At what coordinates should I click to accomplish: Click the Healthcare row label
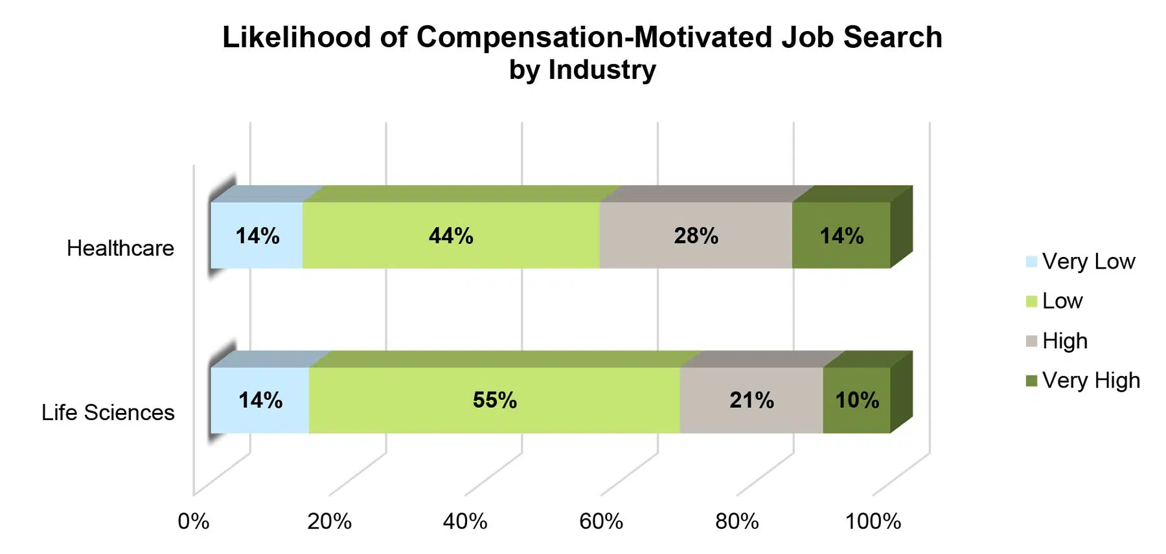[120, 249]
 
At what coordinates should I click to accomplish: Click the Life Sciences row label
[108, 413]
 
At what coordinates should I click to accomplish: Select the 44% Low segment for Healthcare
[451, 236]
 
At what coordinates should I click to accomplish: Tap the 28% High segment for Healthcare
[696, 236]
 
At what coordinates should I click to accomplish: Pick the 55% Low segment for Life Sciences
[494, 400]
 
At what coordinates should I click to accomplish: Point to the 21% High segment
[751, 400]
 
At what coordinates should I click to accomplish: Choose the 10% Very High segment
[856, 400]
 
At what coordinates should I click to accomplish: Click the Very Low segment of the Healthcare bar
[257, 236]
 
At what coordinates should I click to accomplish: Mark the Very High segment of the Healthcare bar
[841, 236]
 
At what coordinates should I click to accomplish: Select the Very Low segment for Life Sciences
[260, 400]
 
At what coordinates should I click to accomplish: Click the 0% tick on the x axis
[193, 522]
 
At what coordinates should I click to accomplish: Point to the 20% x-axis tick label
[329, 522]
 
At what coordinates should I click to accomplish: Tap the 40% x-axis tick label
[465, 522]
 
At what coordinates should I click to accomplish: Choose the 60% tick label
[601, 522]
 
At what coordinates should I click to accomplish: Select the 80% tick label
[737, 522]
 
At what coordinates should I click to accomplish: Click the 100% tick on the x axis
[873, 522]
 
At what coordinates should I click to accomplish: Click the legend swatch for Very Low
[1032, 262]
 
